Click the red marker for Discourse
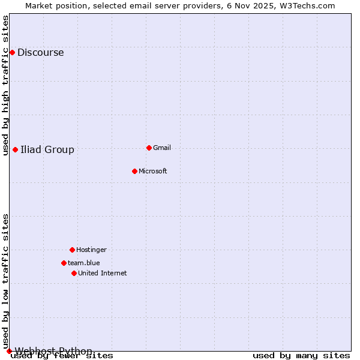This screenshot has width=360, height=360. [12, 52]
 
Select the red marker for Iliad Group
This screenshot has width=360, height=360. [15, 149]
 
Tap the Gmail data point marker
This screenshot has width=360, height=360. [149, 148]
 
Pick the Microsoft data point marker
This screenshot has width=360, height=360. [134, 171]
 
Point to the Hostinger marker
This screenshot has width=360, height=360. [72, 250]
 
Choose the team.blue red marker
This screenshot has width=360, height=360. [64, 263]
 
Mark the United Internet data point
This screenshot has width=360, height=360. [74, 273]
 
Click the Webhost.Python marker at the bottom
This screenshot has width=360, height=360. [9, 351]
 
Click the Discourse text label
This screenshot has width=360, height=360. [40, 52]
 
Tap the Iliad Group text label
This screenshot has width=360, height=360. [47, 149]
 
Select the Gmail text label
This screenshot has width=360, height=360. [162, 148]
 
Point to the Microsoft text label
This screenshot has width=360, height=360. [153, 171]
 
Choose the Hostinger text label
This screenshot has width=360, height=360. [91, 250]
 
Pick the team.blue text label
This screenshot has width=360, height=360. [84, 263]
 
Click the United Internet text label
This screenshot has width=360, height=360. [103, 273]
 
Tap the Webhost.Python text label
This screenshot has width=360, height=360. [53, 351]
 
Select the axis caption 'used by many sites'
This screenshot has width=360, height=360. [301, 356]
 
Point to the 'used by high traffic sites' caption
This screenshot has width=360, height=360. [6, 85]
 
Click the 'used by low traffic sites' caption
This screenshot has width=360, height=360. [6, 281]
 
